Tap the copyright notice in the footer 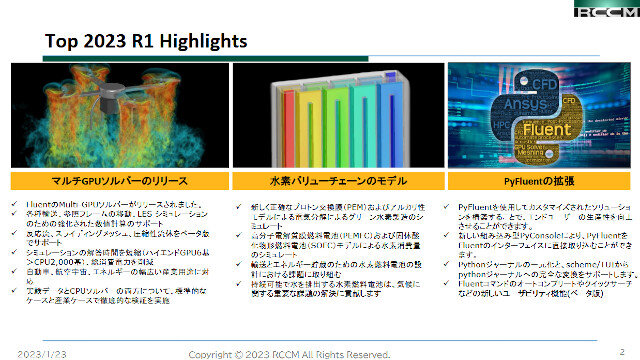coord(290,354)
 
